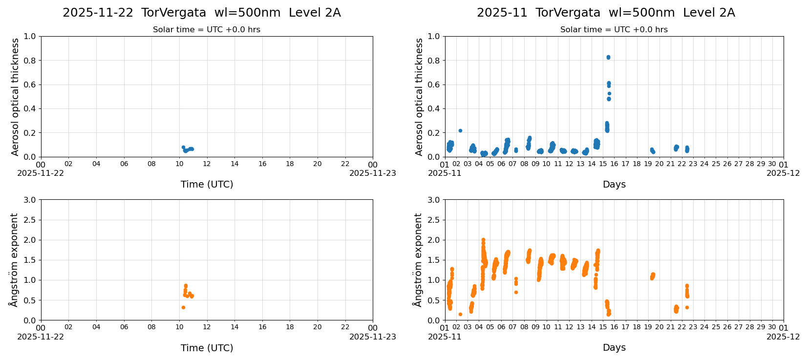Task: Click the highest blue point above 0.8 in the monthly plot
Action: (x=608, y=57)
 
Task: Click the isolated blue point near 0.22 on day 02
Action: (x=460, y=130)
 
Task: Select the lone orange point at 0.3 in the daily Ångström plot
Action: (x=183, y=307)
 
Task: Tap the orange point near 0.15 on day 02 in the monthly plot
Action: (x=460, y=314)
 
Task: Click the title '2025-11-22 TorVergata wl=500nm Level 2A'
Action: (x=202, y=13)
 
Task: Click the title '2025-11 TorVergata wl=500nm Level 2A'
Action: (x=606, y=13)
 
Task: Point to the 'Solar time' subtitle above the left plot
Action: (x=207, y=30)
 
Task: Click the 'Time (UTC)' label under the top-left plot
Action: (x=207, y=184)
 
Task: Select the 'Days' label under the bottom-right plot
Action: (x=614, y=347)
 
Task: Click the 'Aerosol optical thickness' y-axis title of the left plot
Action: (x=15, y=97)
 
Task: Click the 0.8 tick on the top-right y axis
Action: (x=434, y=61)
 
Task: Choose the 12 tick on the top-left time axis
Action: (x=207, y=164)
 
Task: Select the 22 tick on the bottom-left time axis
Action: (x=345, y=328)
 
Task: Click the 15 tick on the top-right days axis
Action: (x=603, y=164)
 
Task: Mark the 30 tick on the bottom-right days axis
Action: (x=772, y=328)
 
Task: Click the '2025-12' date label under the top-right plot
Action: (x=783, y=173)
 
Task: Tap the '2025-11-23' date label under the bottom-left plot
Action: (x=373, y=337)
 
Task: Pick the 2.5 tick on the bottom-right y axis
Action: (x=434, y=220)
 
